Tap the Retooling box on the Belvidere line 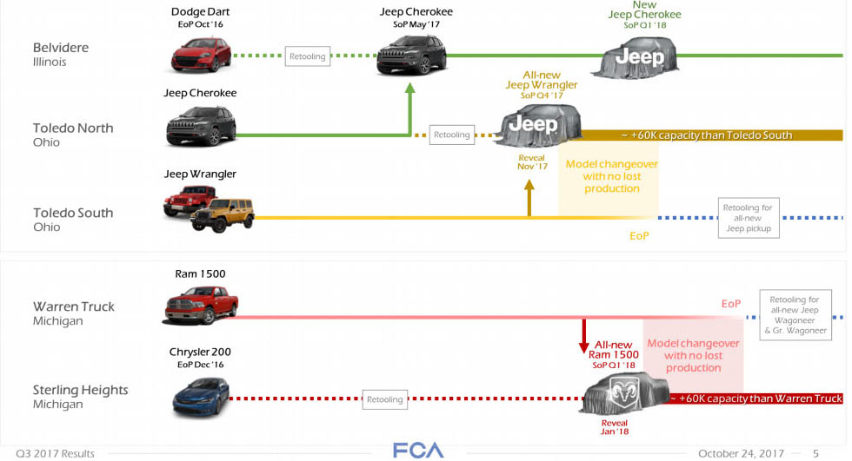click(307, 56)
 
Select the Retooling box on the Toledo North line click(452, 135)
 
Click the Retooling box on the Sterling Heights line click(384, 399)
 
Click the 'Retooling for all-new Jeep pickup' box click(749, 218)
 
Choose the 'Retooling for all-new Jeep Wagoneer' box click(795, 314)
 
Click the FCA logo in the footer click(417, 451)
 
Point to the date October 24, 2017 click(740, 453)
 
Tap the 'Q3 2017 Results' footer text click(54, 453)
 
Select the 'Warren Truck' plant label click(73, 306)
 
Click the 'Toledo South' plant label click(73, 213)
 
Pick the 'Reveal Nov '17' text click(531, 161)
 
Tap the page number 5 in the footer click(815, 453)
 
